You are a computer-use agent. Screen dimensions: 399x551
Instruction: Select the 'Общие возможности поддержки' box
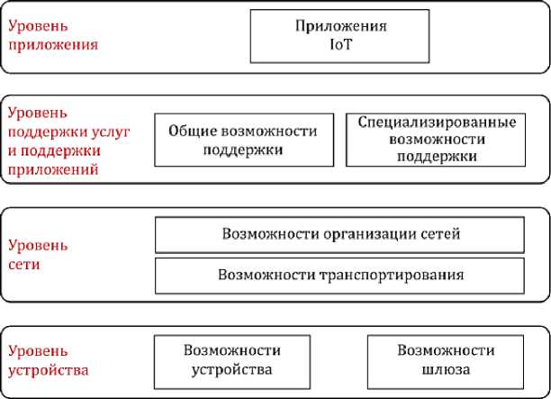pyautogui.click(x=243, y=140)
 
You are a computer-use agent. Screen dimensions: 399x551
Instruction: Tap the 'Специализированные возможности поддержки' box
pyautogui.click(x=437, y=140)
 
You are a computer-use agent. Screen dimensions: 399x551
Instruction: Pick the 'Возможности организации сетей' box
pyautogui.click(x=340, y=234)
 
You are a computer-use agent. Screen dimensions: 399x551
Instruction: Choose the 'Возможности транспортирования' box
pyautogui.click(x=340, y=274)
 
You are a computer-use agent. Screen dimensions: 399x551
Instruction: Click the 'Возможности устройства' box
pyautogui.click(x=232, y=359)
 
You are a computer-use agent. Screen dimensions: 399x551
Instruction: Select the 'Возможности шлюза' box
pyautogui.click(x=446, y=359)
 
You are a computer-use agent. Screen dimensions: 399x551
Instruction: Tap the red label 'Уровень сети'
pyautogui.click(x=36, y=255)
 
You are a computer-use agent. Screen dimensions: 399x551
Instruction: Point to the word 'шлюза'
pyautogui.click(x=446, y=368)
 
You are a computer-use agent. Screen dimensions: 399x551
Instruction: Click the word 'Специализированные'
pyautogui.click(x=437, y=122)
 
